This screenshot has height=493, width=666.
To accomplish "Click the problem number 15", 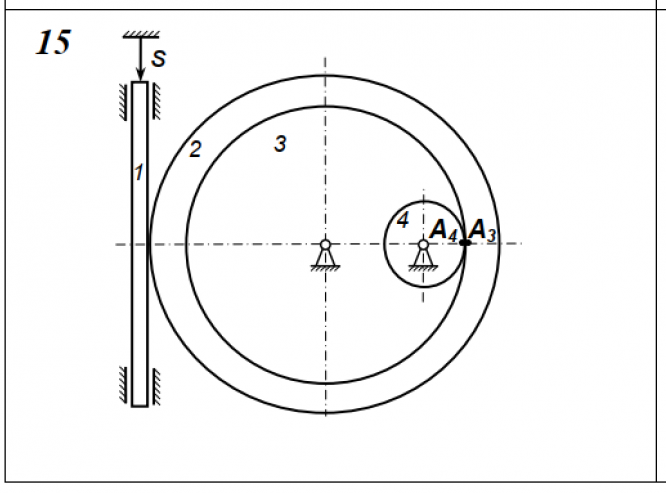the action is pyautogui.click(x=53, y=42).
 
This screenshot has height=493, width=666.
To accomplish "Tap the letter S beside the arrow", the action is pyautogui.click(x=158, y=59).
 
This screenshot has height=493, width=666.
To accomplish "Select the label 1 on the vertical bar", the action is pyautogui.click(x=138, y=172).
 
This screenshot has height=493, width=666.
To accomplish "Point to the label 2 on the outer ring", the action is pyautogui.click(x=195, y=149).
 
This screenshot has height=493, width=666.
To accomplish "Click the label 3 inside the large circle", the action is pyautogui.click(x=280, y=144).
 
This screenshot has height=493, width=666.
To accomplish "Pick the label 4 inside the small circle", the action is pyautogui.click(x=402, y=220).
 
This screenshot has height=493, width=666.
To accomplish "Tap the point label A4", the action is pyautogui.click(x=444, y=231).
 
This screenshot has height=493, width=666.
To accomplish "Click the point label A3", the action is pyautogui.click(x=482, y=231).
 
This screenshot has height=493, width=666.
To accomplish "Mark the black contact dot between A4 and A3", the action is pyautogui.click(x=465, y=243).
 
